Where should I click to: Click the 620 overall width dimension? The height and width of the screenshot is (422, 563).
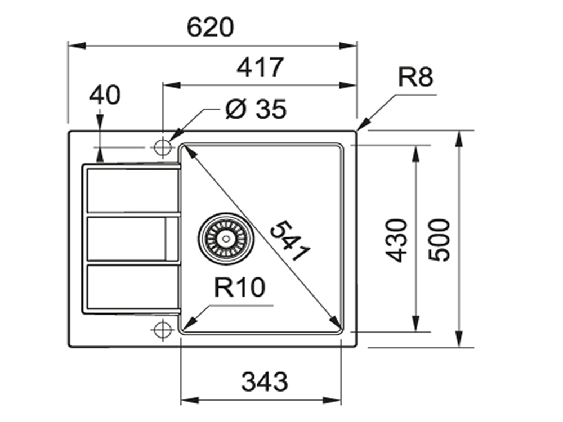click(210, 28)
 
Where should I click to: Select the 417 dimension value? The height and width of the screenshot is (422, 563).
click(259, 68)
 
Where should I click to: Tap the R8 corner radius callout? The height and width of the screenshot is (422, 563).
click(415, 77)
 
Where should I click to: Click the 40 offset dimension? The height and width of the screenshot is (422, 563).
click(105, 95)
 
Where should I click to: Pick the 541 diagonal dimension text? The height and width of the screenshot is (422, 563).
click(290, 241)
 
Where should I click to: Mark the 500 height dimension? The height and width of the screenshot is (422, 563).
click(440, 240)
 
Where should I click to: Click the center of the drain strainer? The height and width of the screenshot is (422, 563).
click(226, 239)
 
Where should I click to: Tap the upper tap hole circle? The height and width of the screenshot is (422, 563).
click(162, 147)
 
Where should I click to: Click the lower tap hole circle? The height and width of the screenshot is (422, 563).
click(162, 329)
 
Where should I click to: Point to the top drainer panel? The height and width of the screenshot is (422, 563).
click(132, 189)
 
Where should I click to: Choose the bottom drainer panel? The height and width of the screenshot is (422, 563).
click(132, 287)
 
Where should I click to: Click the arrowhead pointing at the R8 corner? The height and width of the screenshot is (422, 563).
click(362, 126)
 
